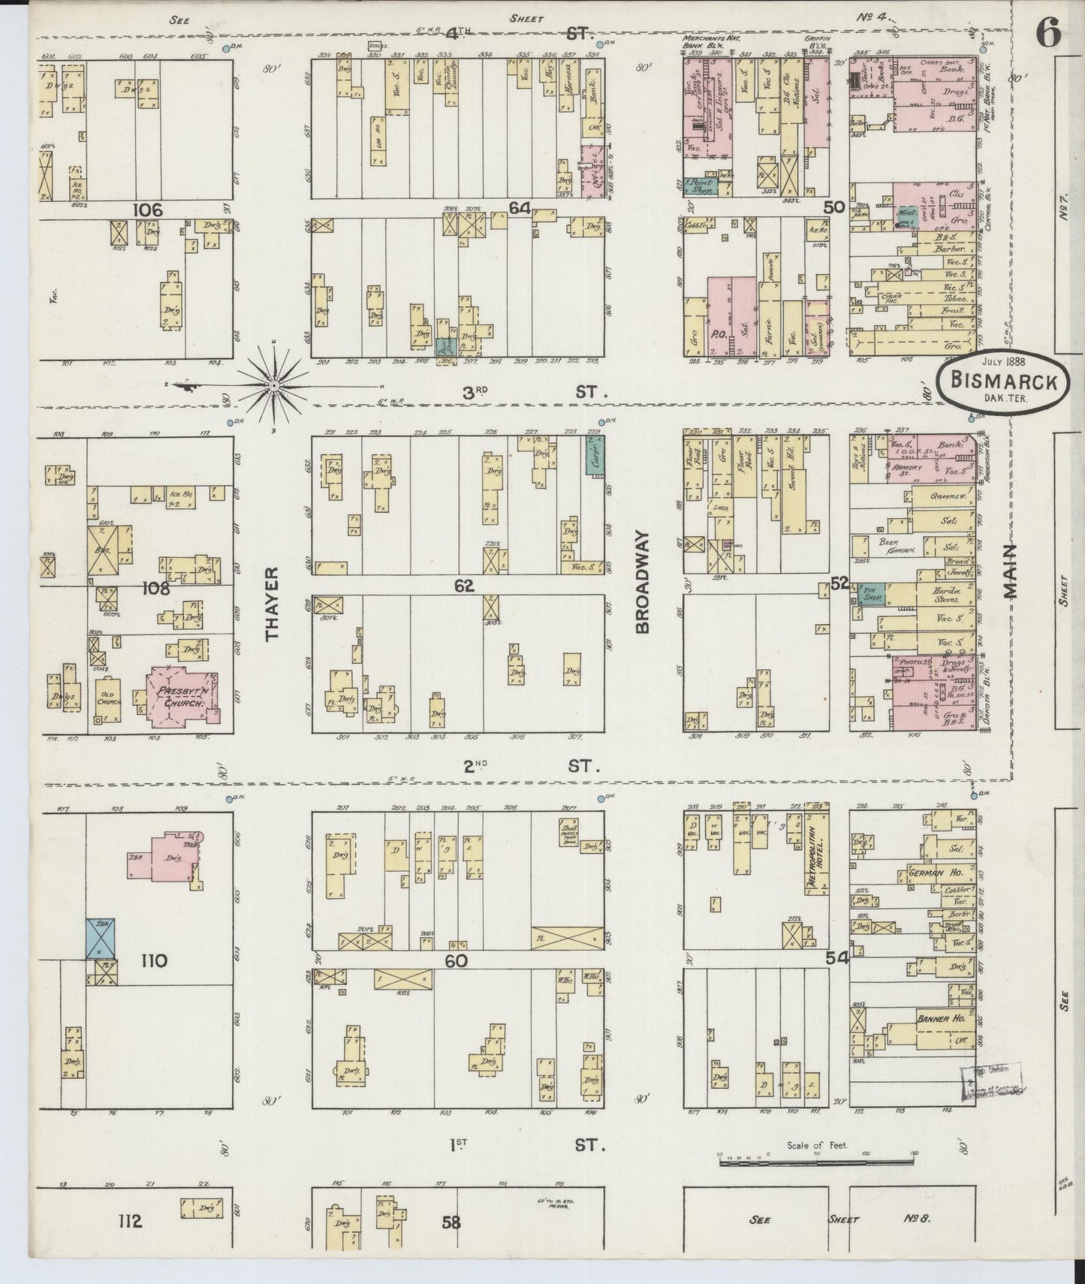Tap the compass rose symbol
[x=275, y=385]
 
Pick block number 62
[x=463, y=586]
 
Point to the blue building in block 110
[x=99, y=939]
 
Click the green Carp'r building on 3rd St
[x=596, y=455]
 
